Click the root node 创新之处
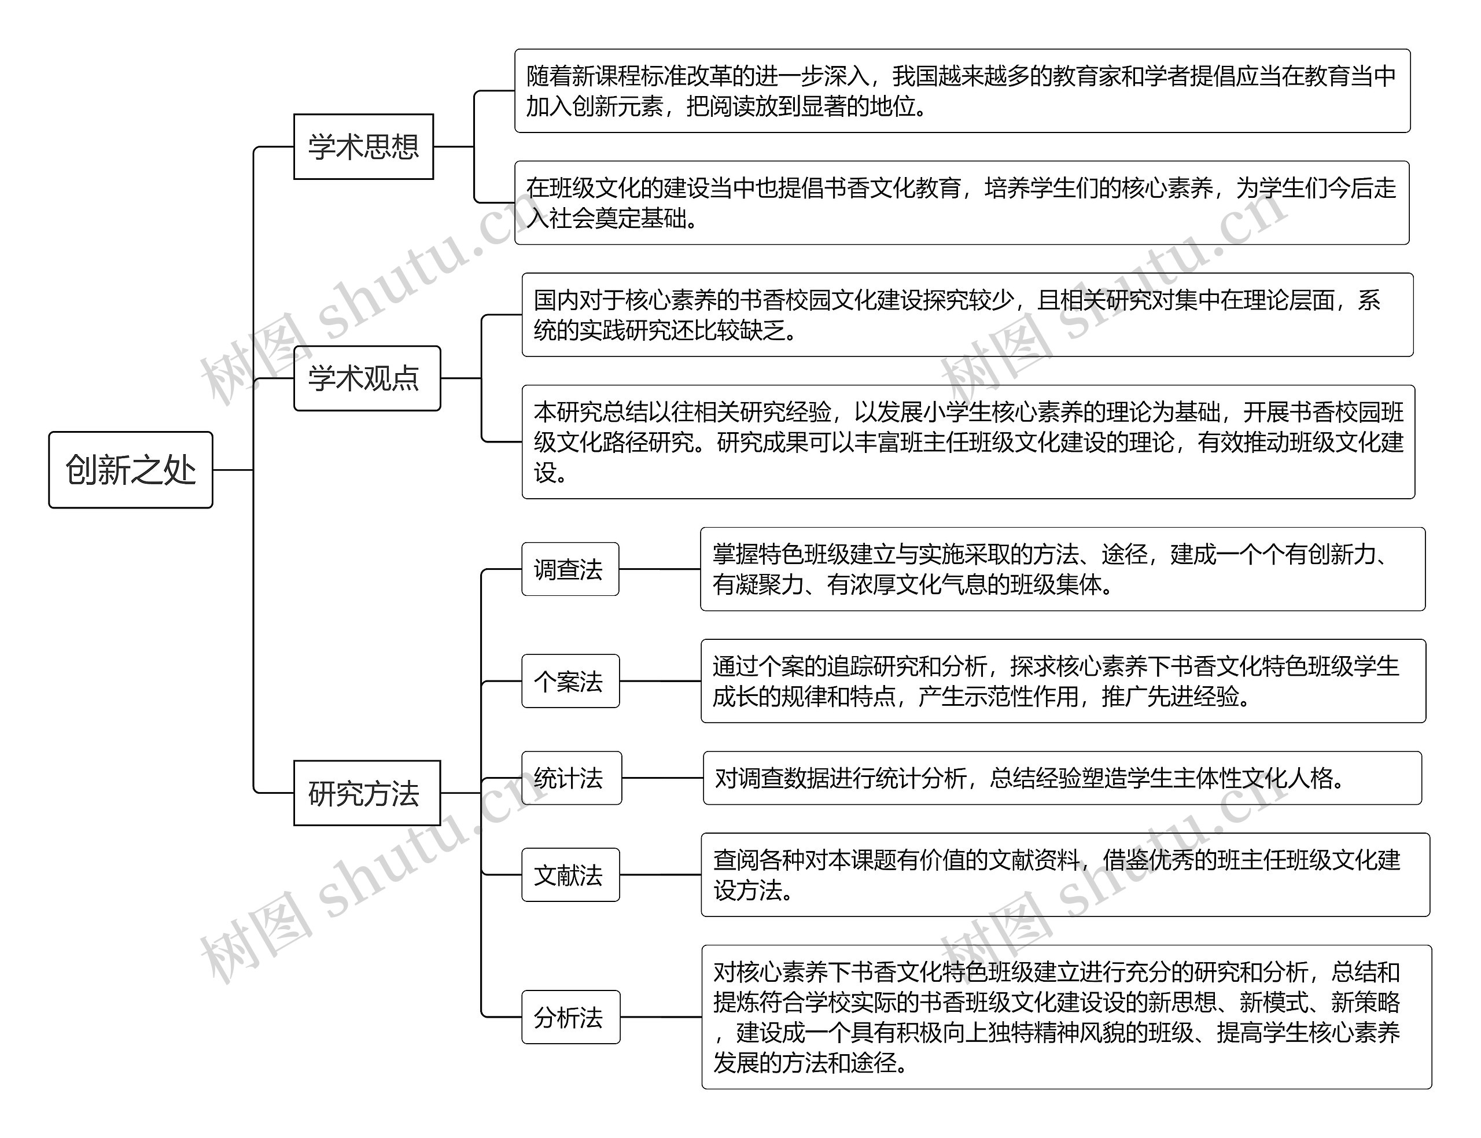[131, 469]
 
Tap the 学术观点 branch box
[366, 378]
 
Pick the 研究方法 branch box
[366, 793]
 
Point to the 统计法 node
[571, 778]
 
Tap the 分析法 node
[570, 1017]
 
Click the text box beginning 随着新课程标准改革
[961, 91]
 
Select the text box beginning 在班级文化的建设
[961, 202]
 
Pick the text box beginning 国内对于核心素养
[967, 314]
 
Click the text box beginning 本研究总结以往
[968, 441]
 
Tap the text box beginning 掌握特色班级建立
[1063, 569]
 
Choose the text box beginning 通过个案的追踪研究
[1063, 681]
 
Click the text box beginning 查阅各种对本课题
[1064, 875]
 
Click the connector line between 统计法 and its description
[662, 778]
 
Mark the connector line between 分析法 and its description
[660, 1017]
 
